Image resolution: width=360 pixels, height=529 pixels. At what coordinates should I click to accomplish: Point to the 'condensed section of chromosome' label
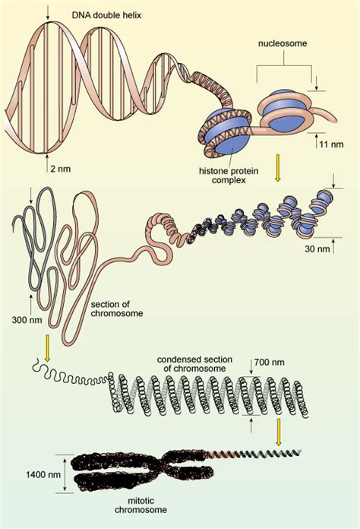click(191, 363)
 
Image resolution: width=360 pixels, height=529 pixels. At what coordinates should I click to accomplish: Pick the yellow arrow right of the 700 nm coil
click(279, 432)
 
